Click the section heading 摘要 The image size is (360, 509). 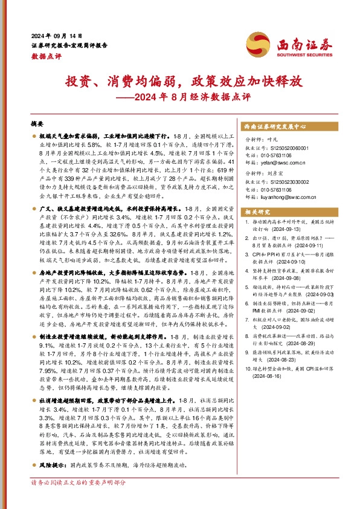pyautogui.click(x=37, y=122)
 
